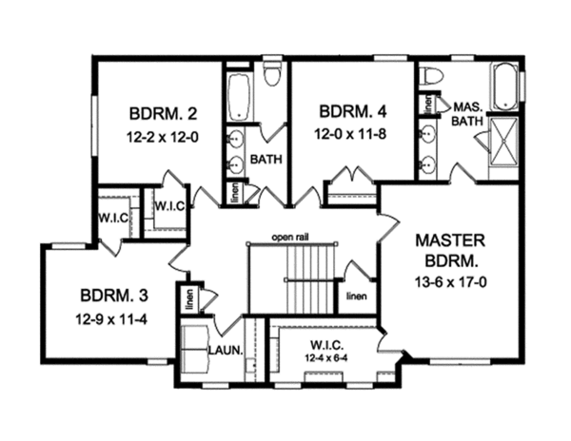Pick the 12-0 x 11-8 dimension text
[351, 135]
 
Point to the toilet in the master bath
[430, 77]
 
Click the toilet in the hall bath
[272, 74]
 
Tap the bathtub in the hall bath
[238, 99]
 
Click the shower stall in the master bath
[503, 144]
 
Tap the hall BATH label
[261, 161]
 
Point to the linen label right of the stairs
[356, 296]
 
